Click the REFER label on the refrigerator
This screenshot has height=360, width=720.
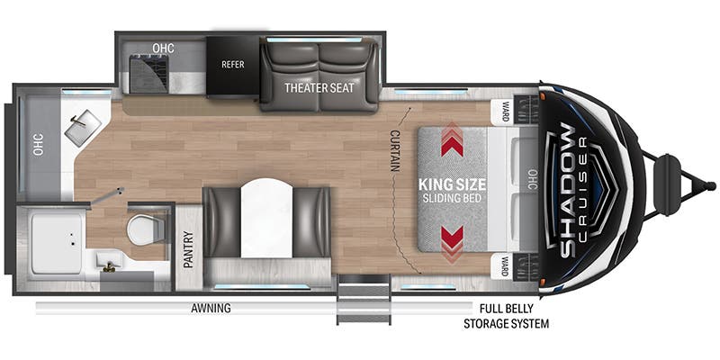233,64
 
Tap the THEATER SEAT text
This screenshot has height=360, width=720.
319,87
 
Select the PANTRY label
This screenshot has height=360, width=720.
189,249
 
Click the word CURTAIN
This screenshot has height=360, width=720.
394,150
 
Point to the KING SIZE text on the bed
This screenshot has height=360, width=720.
452,185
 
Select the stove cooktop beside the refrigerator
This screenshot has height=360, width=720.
148,74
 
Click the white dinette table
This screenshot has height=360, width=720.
266,218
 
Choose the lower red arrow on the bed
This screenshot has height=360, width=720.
452,243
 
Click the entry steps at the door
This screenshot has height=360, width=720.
364,299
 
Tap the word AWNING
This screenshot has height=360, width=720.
211,308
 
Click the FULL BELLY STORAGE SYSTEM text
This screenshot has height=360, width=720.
506,316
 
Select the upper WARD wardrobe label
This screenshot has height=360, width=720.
505,112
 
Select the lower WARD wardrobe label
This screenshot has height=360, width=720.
505,267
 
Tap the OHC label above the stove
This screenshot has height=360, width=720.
164,48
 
